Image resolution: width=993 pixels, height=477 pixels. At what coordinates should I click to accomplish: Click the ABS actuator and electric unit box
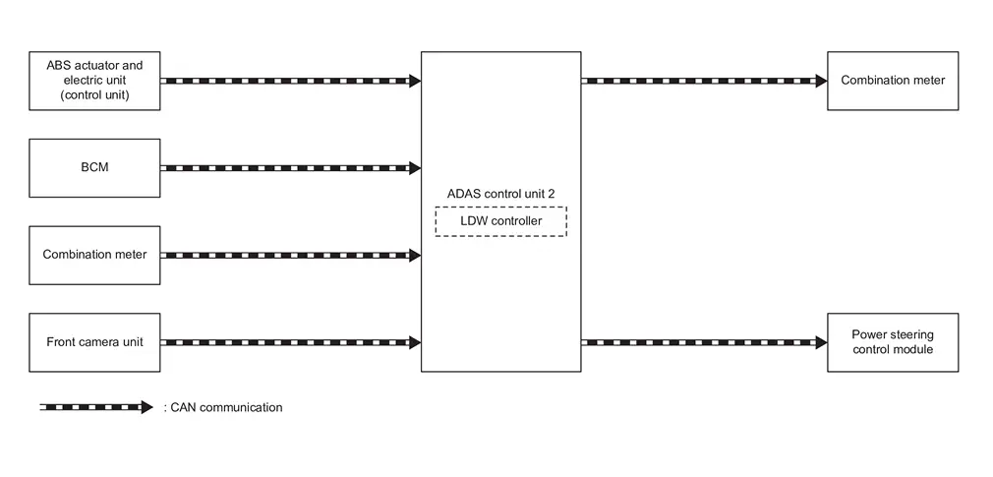coord(94,81)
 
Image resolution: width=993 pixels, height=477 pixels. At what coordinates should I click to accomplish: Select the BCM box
coord(94,167)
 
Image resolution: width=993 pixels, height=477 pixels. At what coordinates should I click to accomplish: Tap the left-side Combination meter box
coord(94,255)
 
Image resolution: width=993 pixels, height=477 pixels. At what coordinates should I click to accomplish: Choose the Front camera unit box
coord(94,342)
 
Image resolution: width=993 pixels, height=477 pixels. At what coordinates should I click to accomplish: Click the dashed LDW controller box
coord(500,221)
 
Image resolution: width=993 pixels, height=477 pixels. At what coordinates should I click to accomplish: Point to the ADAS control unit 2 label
coord(500,194)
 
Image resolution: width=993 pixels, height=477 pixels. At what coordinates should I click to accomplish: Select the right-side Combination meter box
coord(893,81)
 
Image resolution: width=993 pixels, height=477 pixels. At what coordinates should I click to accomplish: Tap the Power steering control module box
coord(893,342)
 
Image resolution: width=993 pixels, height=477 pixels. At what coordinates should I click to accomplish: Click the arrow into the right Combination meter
coord(703,81)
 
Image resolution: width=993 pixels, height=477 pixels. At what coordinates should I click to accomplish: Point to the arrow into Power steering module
coord(703,342)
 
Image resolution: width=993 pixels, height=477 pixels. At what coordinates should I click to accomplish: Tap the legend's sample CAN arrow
coord(95,407)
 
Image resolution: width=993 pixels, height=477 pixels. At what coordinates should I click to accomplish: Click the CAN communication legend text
coord(223,407)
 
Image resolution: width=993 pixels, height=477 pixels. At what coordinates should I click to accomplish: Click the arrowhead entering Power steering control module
coord(821,342)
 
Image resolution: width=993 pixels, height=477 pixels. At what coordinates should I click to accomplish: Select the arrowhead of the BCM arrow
coord(415,168)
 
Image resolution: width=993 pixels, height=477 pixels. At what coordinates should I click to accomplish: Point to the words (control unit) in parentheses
coord(94,95)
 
